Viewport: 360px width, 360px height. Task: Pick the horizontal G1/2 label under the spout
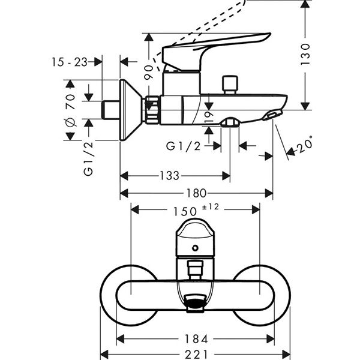point(182,146)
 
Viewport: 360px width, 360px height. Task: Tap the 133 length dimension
point(169,176)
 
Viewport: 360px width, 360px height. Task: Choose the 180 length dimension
point(196,193)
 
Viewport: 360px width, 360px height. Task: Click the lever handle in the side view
point(216,48)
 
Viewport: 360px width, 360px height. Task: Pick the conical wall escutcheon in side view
point(129,110)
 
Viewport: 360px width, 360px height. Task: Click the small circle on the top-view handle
point(195,248)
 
